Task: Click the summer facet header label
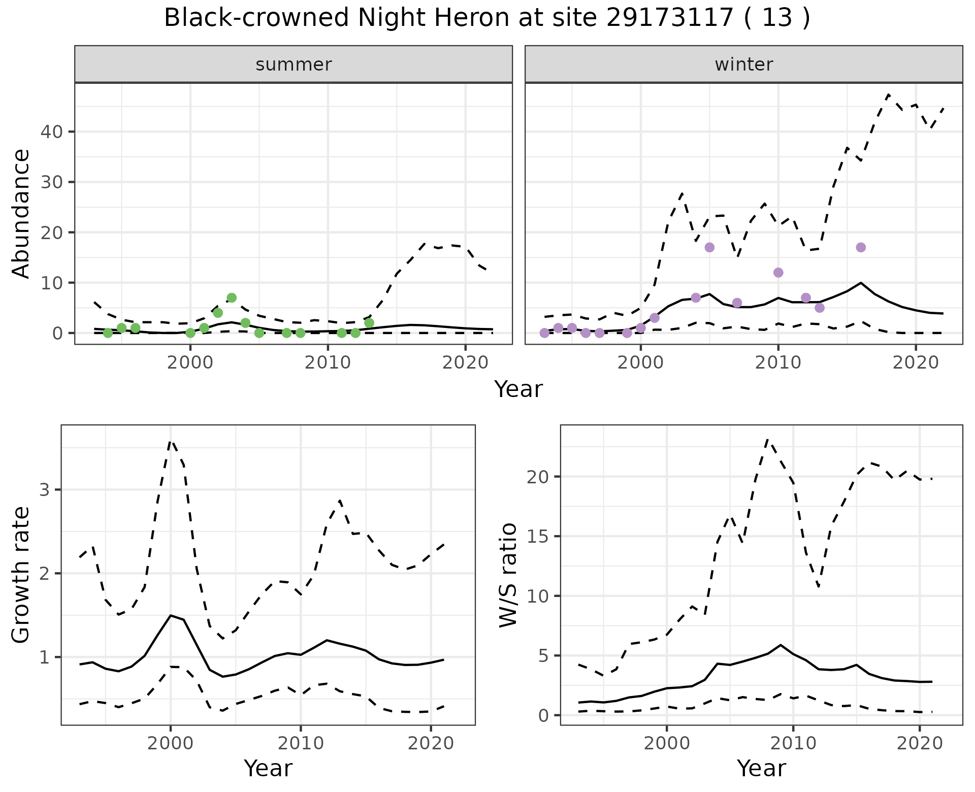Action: point(294,64)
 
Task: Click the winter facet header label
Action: point(743,64)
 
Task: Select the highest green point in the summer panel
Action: point(232,298)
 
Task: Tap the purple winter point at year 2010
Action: point(778,273)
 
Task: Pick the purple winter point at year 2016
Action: point(861,247)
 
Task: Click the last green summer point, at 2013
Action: point(369,323)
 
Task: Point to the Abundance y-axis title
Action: point(21,213)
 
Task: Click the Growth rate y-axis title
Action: point(21,575)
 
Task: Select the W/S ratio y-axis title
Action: point(508,575)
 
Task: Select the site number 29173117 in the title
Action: point(670,18)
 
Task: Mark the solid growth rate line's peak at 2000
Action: point(171,615)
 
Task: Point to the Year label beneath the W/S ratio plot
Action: point(761,768)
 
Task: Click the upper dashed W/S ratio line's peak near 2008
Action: point(767,440)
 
